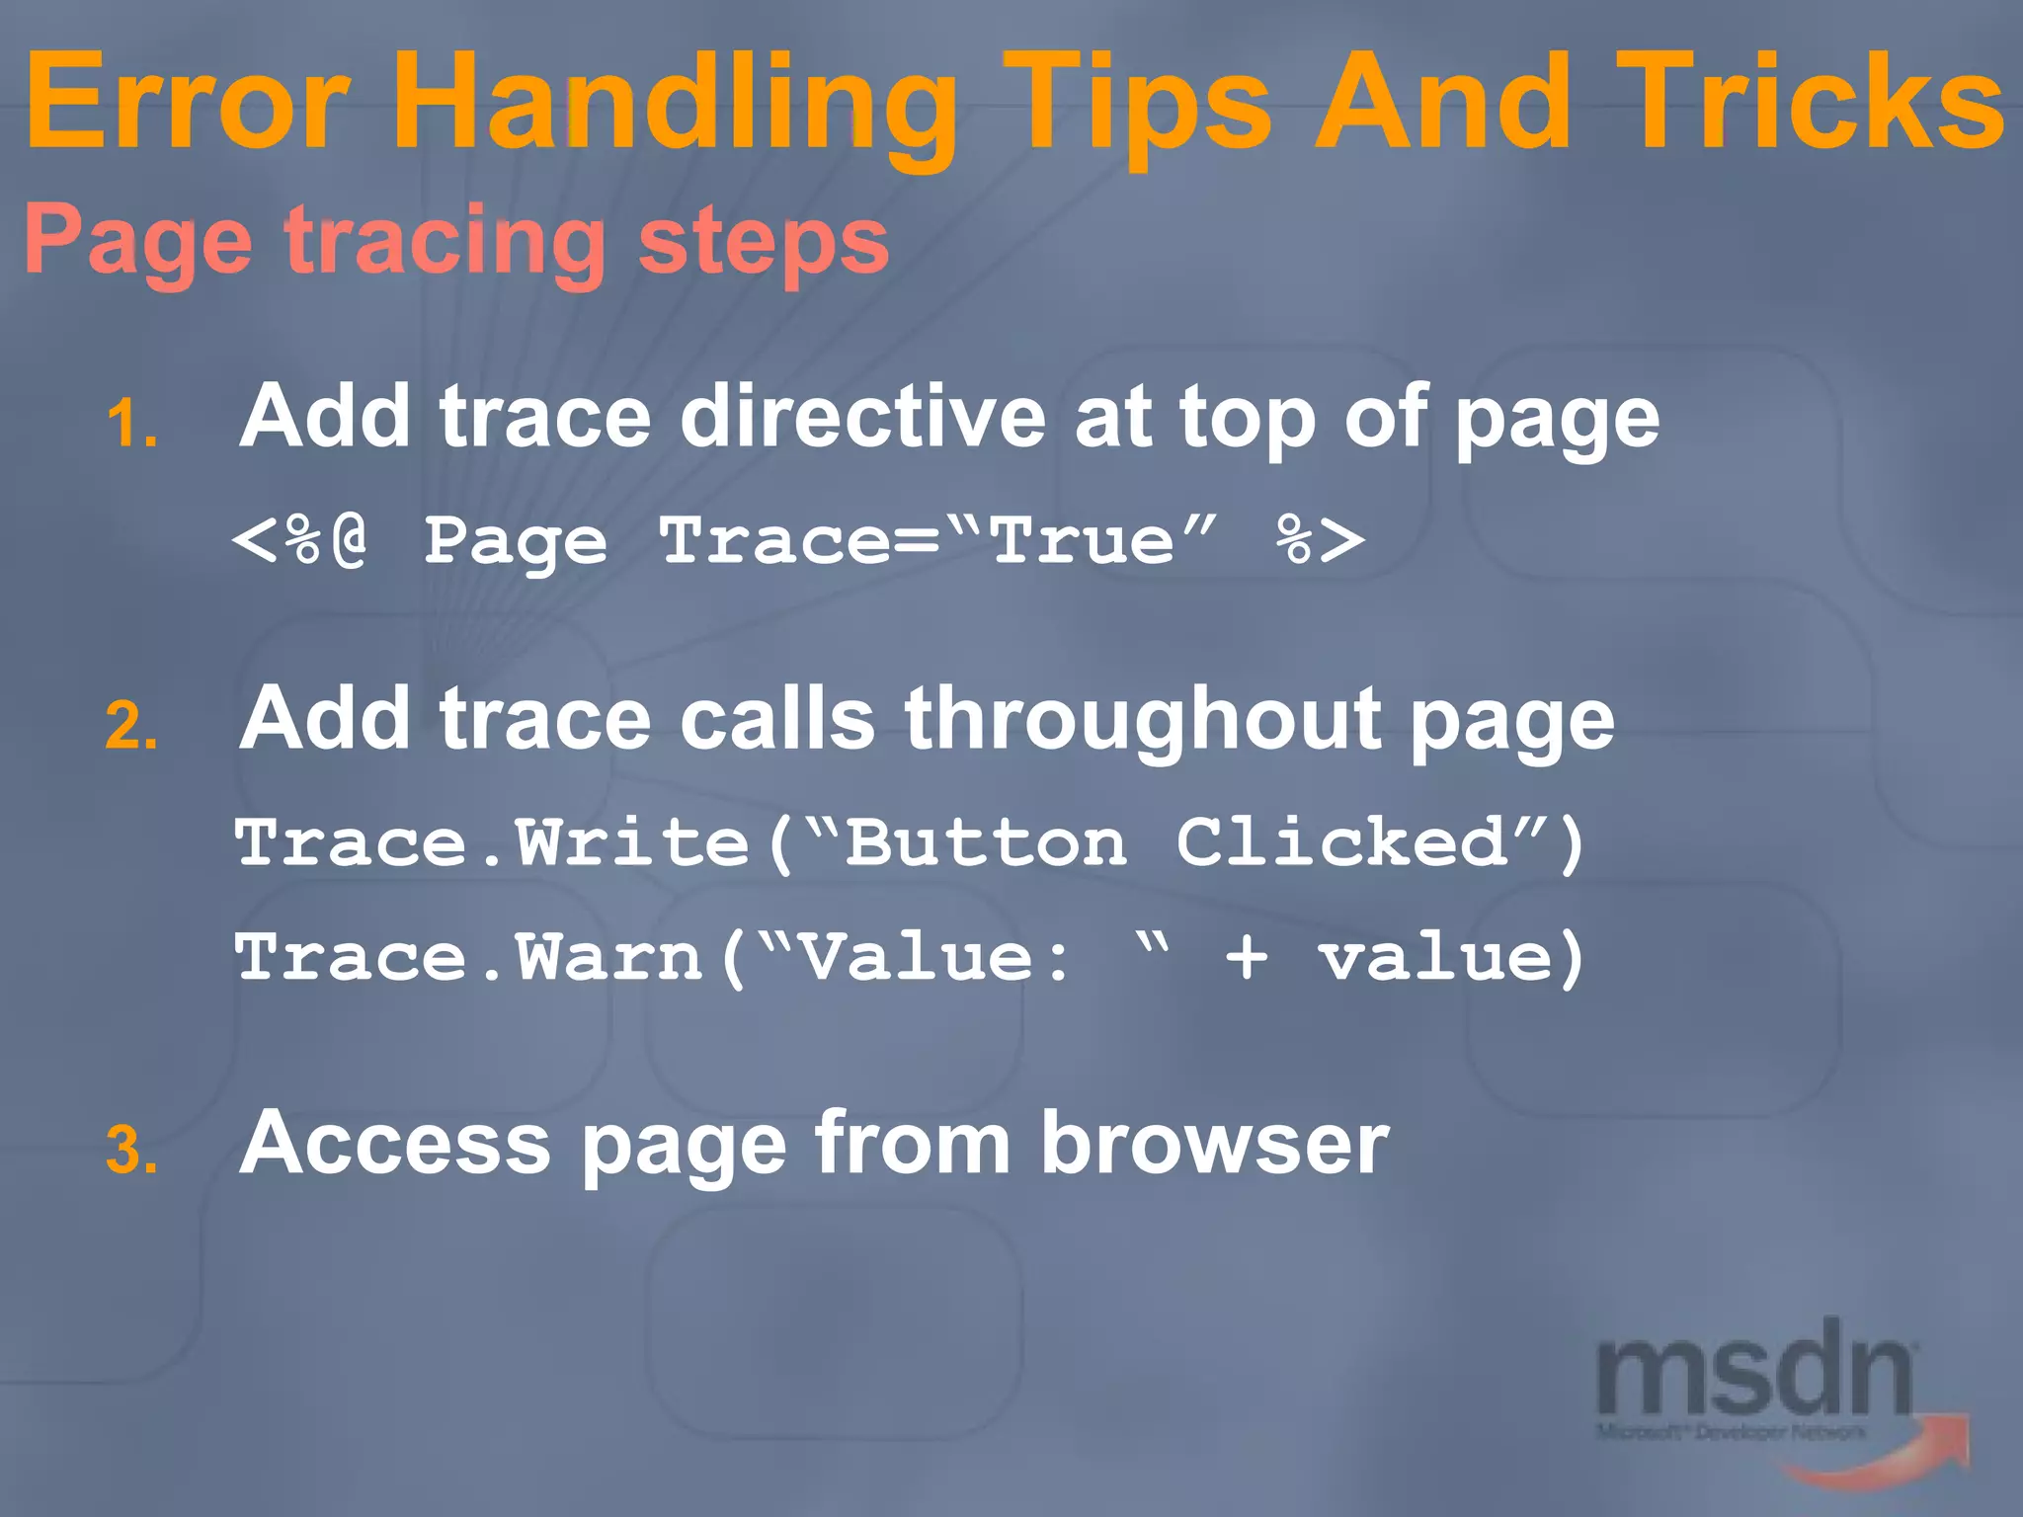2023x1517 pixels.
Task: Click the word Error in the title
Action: (188, 104)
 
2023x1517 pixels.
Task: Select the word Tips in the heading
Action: (1136, 104)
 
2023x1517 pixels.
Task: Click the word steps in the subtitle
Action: (763, 242)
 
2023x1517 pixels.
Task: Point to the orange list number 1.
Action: (131, 426)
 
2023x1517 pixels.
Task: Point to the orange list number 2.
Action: (131, 728)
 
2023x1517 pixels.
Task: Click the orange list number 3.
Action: (131, 1152)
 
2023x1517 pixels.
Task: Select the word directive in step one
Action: (861, 417)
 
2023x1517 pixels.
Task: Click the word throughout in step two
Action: (1142, 719)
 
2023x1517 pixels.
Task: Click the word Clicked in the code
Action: (1343, 844)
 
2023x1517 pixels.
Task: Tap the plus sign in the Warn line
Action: (1247, 958)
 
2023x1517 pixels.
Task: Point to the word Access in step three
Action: (395, 1144)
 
